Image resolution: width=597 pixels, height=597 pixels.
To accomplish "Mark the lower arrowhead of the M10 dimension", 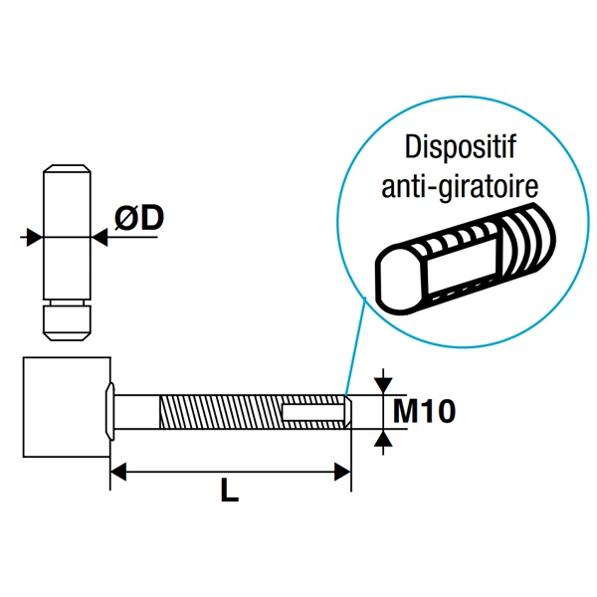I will [x=382, y=438].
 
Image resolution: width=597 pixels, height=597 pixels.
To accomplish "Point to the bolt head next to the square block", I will [x=113, y=407].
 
